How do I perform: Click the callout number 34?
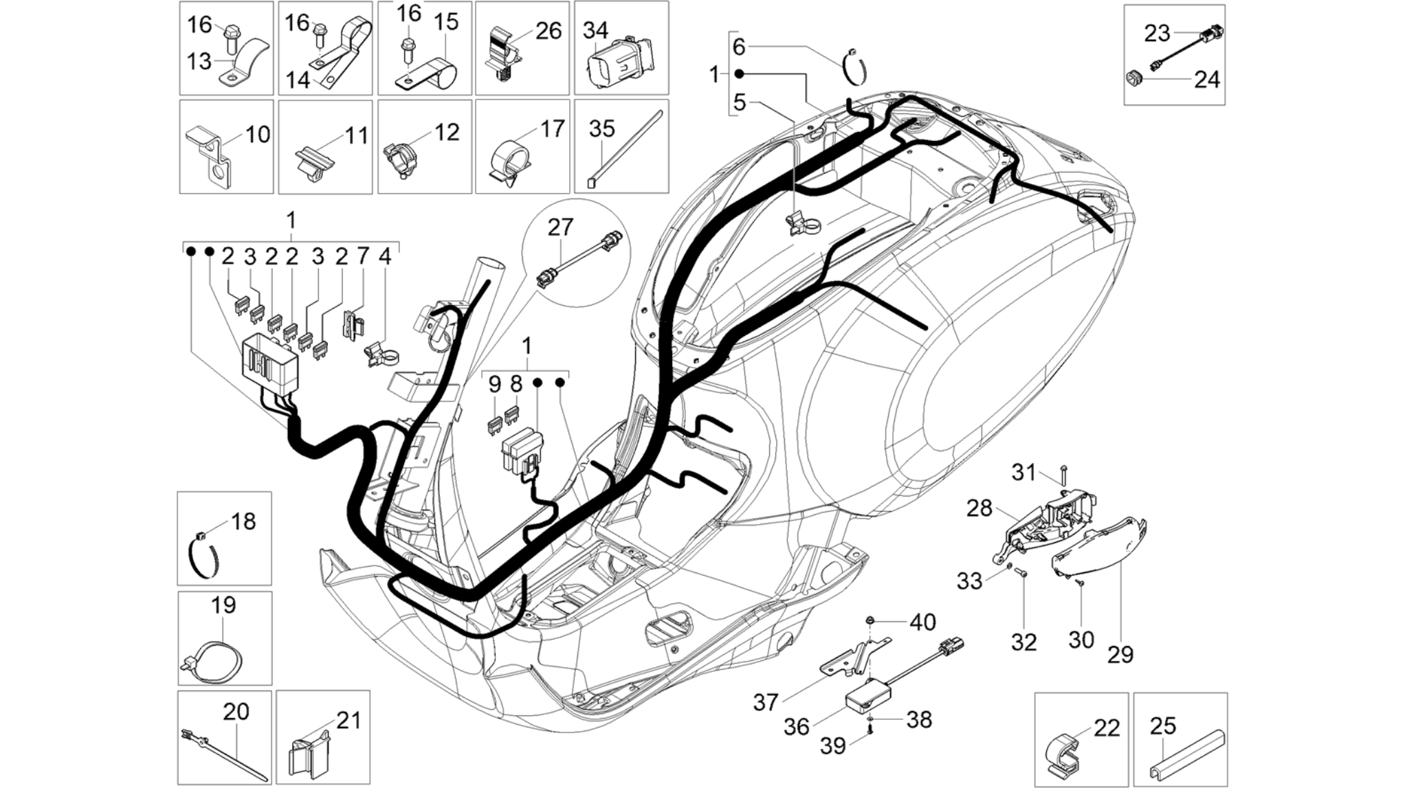(595, 31)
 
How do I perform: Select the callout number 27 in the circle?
(560, 227)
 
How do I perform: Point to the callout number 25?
(1163, 725)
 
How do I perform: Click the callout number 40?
(922, 622)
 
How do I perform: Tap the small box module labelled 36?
(866, 695)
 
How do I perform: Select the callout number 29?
(1120, 654)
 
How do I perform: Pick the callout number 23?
(1157, 33)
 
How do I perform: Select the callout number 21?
(349, 721)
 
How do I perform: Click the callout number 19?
(223, 605)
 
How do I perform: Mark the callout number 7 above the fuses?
(362, 257)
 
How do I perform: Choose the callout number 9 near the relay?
(495, 385)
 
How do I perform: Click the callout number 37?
(766, 702)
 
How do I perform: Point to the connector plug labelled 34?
(619, 63)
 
